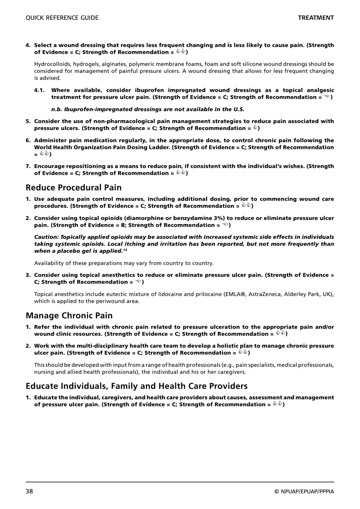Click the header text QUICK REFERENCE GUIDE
point(62,18)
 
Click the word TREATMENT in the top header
point(316,18)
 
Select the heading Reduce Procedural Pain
point(74,187)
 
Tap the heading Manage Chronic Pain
point(69,316)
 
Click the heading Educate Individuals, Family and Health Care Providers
point(136,386)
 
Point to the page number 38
point(30,492)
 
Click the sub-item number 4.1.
point(39,90)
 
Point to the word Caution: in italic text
point(47,237)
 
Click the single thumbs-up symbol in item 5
point(255,128)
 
